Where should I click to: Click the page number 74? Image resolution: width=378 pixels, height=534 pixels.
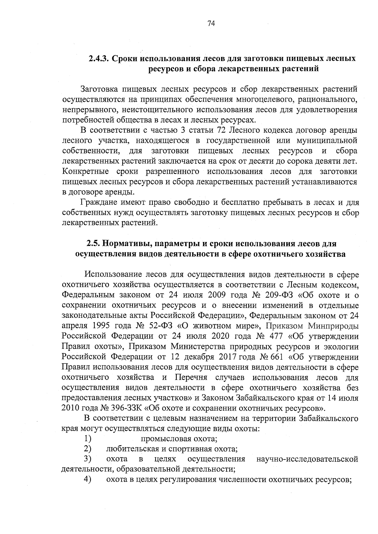click(211, 24)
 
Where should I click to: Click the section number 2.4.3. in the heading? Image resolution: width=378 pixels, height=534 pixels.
click(99, 59)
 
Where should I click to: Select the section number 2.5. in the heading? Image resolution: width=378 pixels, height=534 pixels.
click(94, 244)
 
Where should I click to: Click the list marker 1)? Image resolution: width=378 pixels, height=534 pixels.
click(88, 438)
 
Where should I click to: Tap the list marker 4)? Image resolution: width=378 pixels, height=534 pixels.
click(88, 479)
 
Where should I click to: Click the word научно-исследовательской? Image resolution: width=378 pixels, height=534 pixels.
click(307, 459)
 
